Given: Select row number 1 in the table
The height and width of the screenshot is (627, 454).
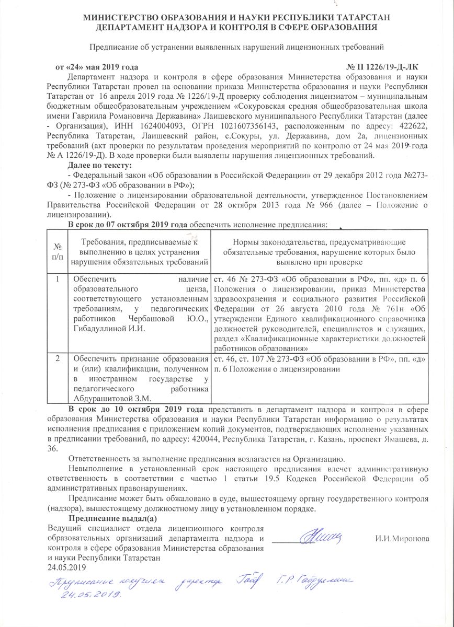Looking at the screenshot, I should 57,280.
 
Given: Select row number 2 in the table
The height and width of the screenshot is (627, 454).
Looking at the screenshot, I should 57,358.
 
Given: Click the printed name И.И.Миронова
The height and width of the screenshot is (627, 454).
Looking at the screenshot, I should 402,538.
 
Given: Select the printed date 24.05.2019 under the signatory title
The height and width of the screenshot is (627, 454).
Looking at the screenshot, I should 66,567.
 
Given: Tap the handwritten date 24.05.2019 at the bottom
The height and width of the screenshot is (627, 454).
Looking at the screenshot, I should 90,595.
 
